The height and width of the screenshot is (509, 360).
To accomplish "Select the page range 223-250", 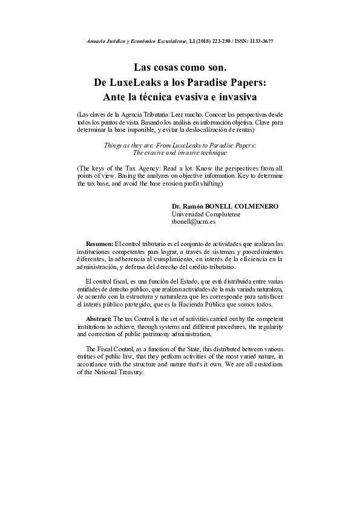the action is (221, 41).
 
